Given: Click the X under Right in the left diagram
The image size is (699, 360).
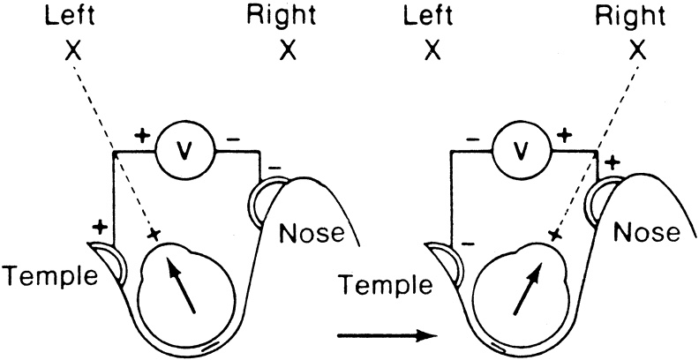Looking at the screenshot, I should [x=287, y=52].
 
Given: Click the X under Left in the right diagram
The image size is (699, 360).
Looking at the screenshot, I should [x=432, y=52].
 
